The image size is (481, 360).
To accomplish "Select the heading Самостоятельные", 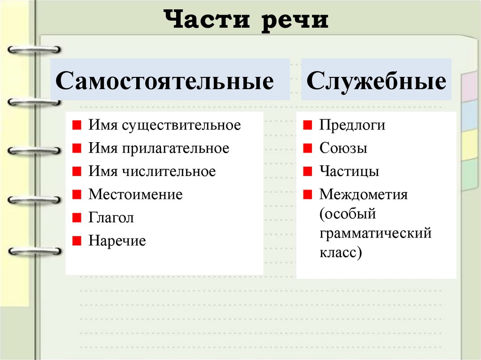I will [164, 80].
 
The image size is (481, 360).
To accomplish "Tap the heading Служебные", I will [376, 80].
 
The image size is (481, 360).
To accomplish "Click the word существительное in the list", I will [181, 126].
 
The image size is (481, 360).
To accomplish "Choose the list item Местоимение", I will [135, 194].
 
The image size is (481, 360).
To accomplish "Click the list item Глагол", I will [111, 218].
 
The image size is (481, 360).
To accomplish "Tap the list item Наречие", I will [117, 241].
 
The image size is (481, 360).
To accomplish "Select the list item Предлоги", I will [352, 126].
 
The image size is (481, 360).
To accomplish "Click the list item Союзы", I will [343, 148].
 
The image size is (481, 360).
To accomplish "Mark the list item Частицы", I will [349, 171].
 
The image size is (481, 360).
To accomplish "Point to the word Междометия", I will [364, 194].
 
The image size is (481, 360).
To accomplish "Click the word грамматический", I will [375, 233].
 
